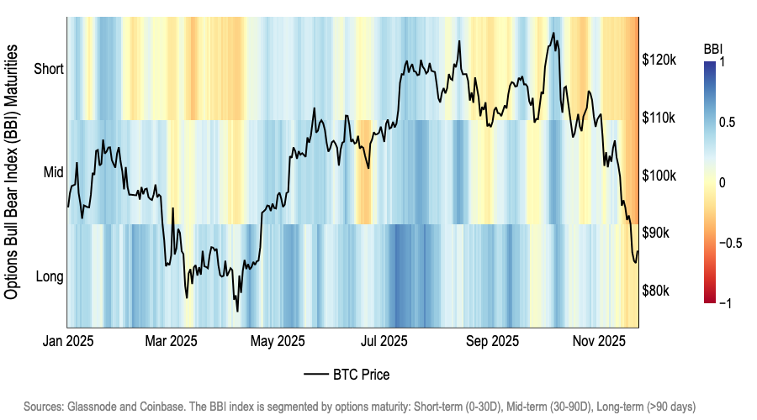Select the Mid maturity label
coord(52,172)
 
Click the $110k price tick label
coord(659,118)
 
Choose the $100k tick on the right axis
coord(659,176)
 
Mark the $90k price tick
coord(657,233)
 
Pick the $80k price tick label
coord(657,291)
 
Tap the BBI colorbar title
coord(713,49)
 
